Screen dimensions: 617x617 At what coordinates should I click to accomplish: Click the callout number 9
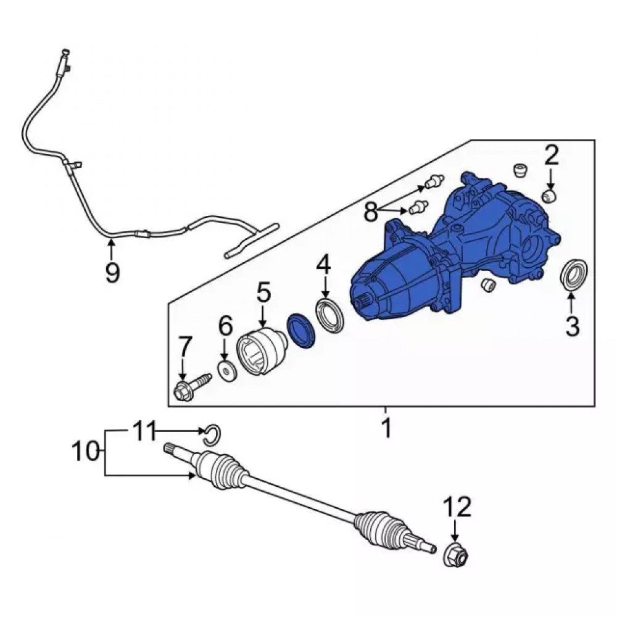click(x=112, y=272)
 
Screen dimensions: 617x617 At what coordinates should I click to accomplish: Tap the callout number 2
click(x=551, y=155)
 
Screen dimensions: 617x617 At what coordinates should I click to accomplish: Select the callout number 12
click(x=458, y=507)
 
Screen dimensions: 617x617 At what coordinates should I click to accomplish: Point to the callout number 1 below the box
click(x=387, y=428)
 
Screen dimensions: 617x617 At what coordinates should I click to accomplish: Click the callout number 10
click(x=85, y=451)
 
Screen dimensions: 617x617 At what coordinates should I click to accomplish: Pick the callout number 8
click(x=371, y=212)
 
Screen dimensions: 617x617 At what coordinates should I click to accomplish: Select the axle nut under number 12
click(x=456, y=554)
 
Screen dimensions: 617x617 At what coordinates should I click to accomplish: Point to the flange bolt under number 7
click(x=192, y=386)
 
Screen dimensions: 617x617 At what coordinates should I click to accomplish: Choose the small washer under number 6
click(x=228, y=371)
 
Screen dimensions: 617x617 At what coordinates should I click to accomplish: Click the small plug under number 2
click(x=549, y=196)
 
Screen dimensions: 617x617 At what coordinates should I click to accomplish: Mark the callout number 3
click(x=573, y=326)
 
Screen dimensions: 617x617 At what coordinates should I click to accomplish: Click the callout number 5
click(x=264, y=292)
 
